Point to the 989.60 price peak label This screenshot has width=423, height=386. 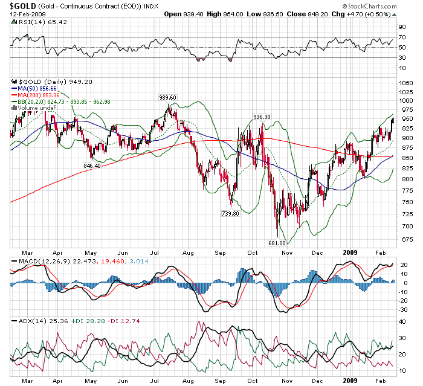click(x=167, y=97)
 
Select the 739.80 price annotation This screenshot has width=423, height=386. click(x=231, y=213)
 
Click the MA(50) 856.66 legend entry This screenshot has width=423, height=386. click(x=37, y=88)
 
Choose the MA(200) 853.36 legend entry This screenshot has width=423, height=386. click(x=39, y=95)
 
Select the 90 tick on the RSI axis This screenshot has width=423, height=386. click(x=401, y=27)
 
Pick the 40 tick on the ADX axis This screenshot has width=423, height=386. click(x=401, y=322)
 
